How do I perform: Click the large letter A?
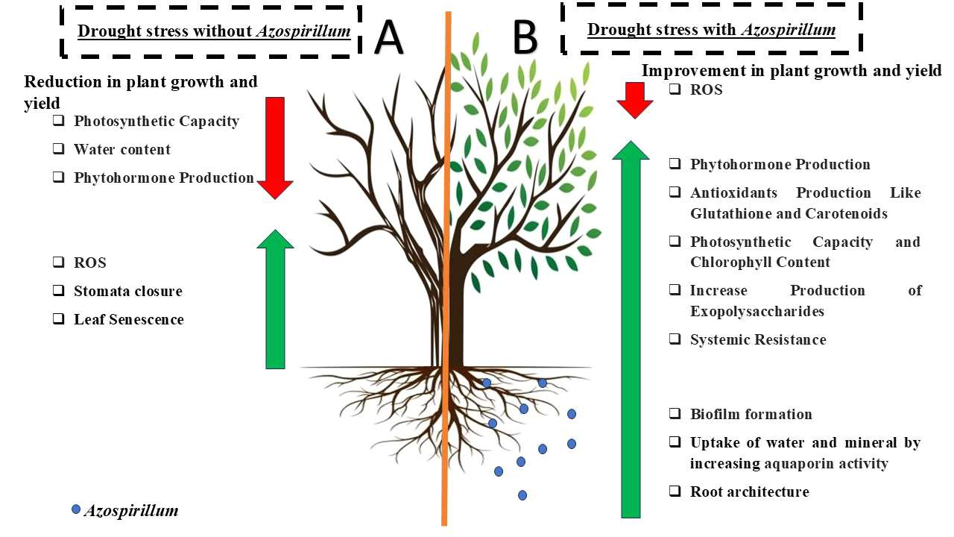point(389,37)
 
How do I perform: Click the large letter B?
point(525,37)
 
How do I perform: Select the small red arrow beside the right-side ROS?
point(635,100)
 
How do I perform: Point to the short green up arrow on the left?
point(275,298)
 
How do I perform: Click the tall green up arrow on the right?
point(631,328)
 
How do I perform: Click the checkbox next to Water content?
point(58,149)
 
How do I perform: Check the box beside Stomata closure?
point(58,291)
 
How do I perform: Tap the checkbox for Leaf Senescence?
point(58,319)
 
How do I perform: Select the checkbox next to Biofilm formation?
point(675,414)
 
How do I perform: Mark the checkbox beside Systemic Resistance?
point(675,339)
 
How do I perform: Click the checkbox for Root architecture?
point(675,492)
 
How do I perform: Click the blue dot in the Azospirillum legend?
point(76,509)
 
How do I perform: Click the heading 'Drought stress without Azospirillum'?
point(214,31)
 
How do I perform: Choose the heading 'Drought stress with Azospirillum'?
point(711,30)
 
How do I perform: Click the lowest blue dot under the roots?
point(522,495)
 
